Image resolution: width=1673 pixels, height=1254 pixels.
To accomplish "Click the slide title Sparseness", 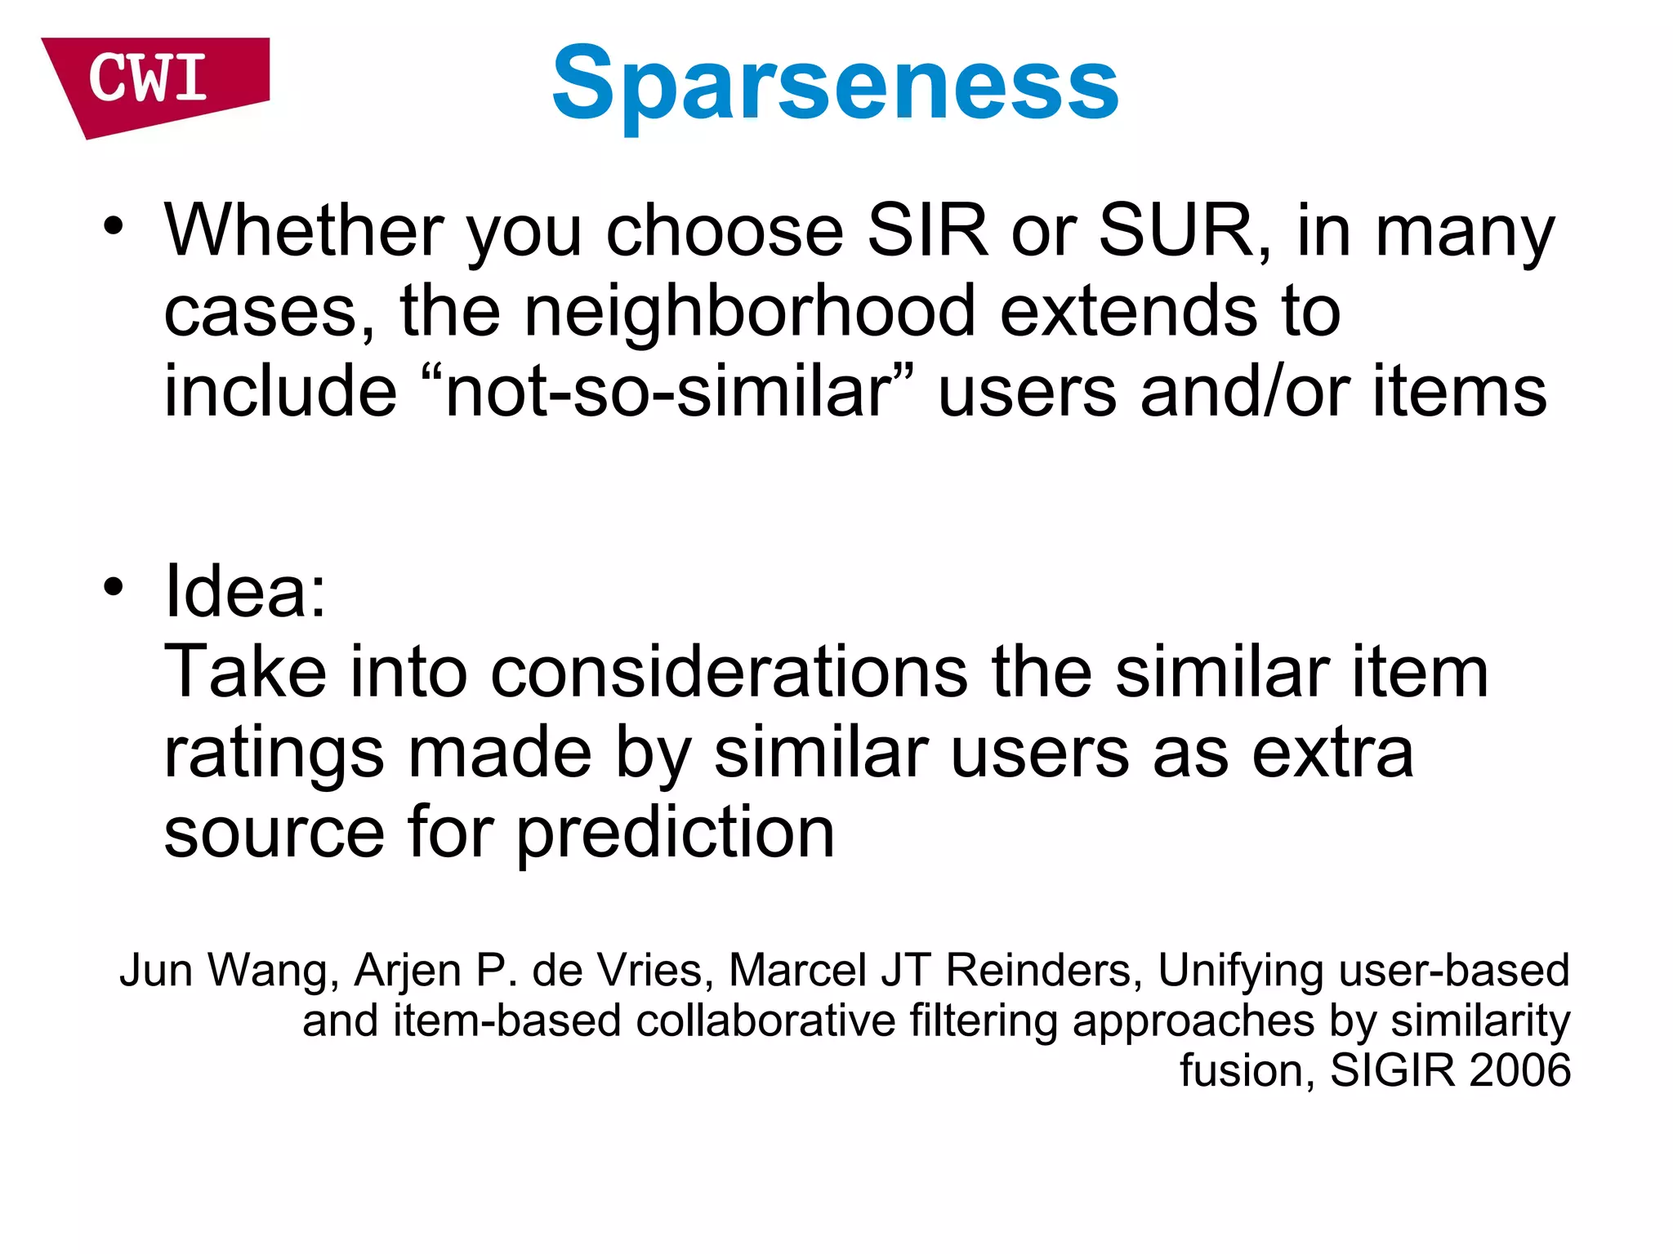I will click(835, 83).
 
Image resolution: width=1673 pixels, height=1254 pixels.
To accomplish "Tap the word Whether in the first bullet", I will click(303, 231).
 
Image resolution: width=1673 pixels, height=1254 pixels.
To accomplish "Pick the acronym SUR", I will click(1176, 231).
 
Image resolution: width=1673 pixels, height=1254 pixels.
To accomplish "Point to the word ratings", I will click(274, 754).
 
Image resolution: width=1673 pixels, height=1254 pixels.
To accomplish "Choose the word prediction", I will click(676, 834).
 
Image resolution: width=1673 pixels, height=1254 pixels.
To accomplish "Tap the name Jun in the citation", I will click(156, 971).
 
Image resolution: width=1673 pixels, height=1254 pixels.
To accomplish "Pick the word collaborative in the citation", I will click(765, 1021).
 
